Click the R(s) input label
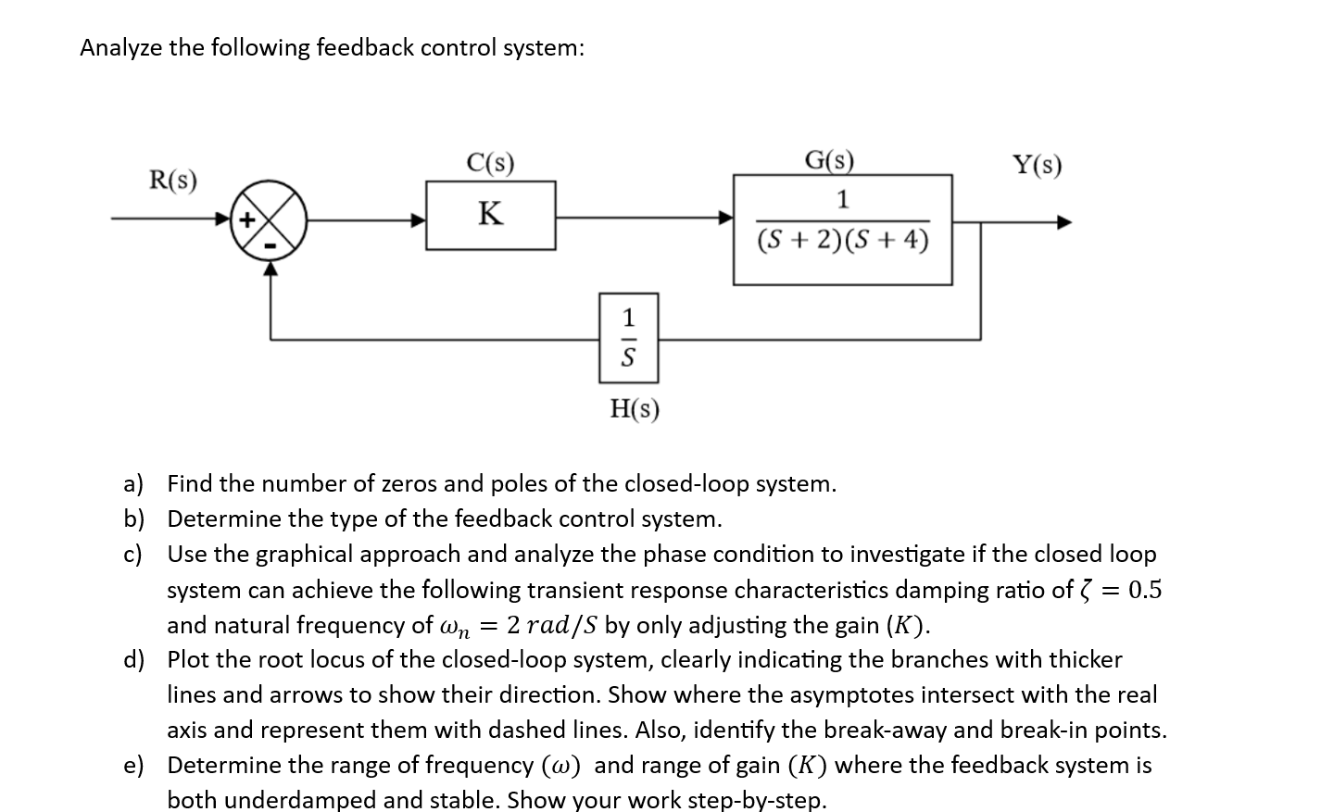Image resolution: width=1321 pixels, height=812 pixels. click(x=173, y=180)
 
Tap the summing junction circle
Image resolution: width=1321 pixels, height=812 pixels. click(x=269, y=219)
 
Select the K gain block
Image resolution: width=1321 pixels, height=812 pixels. click(x=490, y=215)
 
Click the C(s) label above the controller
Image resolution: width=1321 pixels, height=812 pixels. click(x=490, y=164)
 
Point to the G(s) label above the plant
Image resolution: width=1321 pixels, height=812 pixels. click(x=829, y=160)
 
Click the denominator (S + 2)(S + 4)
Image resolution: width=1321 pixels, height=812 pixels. click(x=842, y=241)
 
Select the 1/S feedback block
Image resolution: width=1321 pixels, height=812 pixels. click(x=628, y=338)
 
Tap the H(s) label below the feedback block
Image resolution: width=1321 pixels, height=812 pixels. click(x=635, y=408)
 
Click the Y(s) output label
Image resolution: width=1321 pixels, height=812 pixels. click(x=1037, y=166)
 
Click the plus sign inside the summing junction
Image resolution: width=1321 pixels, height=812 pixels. click(x=246, y=220)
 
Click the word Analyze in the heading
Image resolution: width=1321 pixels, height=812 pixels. click(x=120, y=48)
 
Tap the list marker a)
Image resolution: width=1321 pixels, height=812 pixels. click(x=134, y=484)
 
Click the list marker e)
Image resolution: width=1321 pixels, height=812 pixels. click(x=134, y=766)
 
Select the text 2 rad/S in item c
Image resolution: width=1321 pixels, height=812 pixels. click(x=554, y=626)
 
